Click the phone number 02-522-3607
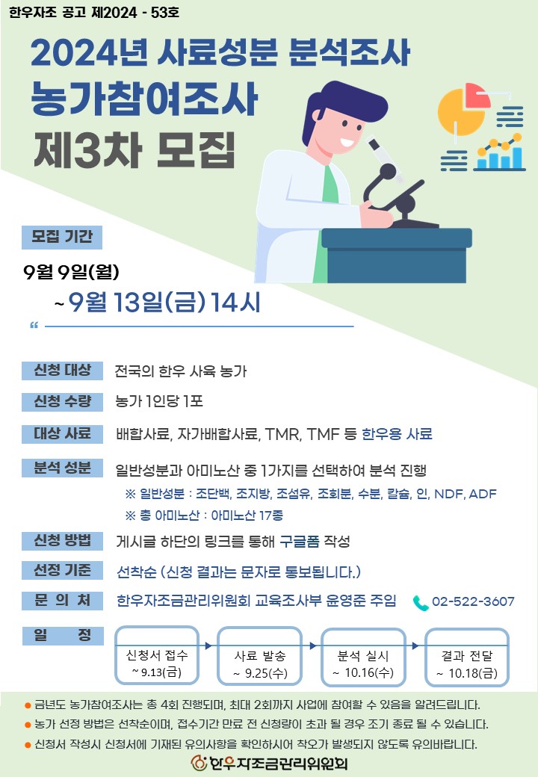tap(473, 601)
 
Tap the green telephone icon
tap(421, 603)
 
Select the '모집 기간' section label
tap(62, 237)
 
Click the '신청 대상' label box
tap(63, 370)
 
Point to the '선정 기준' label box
tap(63, 570)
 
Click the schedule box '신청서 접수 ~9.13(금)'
tap(157, 656)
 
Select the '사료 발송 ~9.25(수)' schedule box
tap(259, 656)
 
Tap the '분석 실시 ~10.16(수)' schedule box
tap(363, 657)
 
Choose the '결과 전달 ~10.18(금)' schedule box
tap(467, 657)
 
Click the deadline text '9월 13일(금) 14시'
tap(164, 302)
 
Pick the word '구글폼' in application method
tap(299, 541)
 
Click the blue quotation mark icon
tap(34, 326)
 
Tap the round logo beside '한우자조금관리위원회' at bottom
tap(199, 763)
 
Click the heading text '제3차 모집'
tap(134, 150)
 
